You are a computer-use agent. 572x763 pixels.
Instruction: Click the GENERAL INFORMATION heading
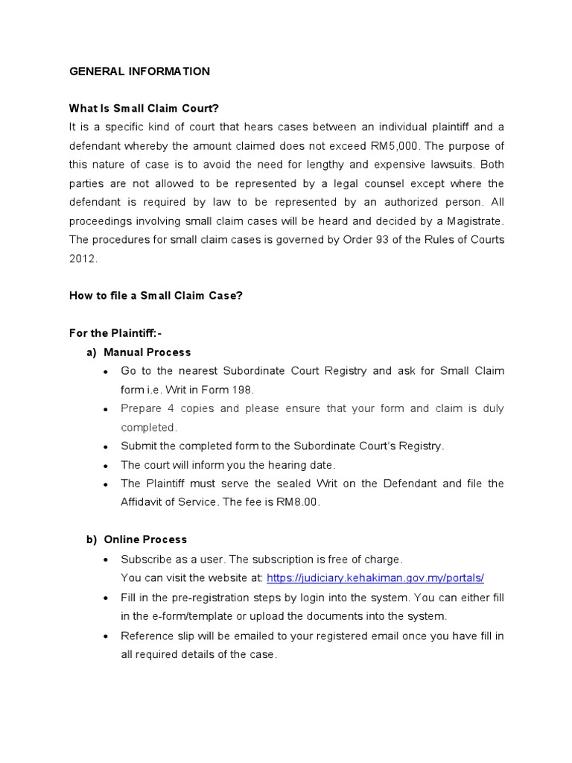[139, 72]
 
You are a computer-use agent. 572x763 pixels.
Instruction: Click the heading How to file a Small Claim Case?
[156, 295]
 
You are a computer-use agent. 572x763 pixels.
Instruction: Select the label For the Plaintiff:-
[115, 333]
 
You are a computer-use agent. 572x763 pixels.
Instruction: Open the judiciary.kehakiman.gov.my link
[375, 577]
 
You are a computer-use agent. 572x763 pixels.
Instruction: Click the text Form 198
[232, 389]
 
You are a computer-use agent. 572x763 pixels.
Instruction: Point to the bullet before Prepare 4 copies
[106, 409]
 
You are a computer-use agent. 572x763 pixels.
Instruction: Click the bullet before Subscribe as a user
[106, 560]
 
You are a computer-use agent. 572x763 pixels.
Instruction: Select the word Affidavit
[142, 501]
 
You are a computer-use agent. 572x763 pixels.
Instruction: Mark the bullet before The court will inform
[106, 465]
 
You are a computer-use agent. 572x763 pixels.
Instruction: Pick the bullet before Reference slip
[106, 636]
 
